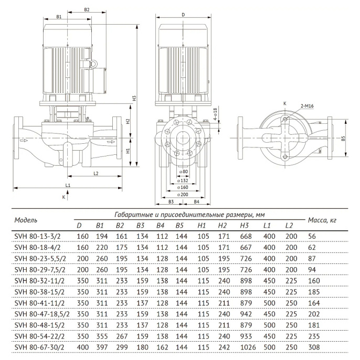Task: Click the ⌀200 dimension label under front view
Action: pyautogui.click(x=183, y=194)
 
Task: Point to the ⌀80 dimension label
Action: pyautogui.click(x=183, y=172)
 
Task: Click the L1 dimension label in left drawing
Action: pyautogui.click(x=68, y=186)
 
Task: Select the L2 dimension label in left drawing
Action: pyautogui.click(x=96, y=173)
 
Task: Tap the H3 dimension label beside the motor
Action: pyautogui.click(x=134, y=98)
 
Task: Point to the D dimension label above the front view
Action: pyautogui.click(x=183, y=15)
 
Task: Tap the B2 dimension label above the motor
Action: pyautogui.click(x=87, y=10)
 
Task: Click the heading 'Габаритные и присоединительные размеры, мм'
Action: pyautogui.click(x=189, y=215)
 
